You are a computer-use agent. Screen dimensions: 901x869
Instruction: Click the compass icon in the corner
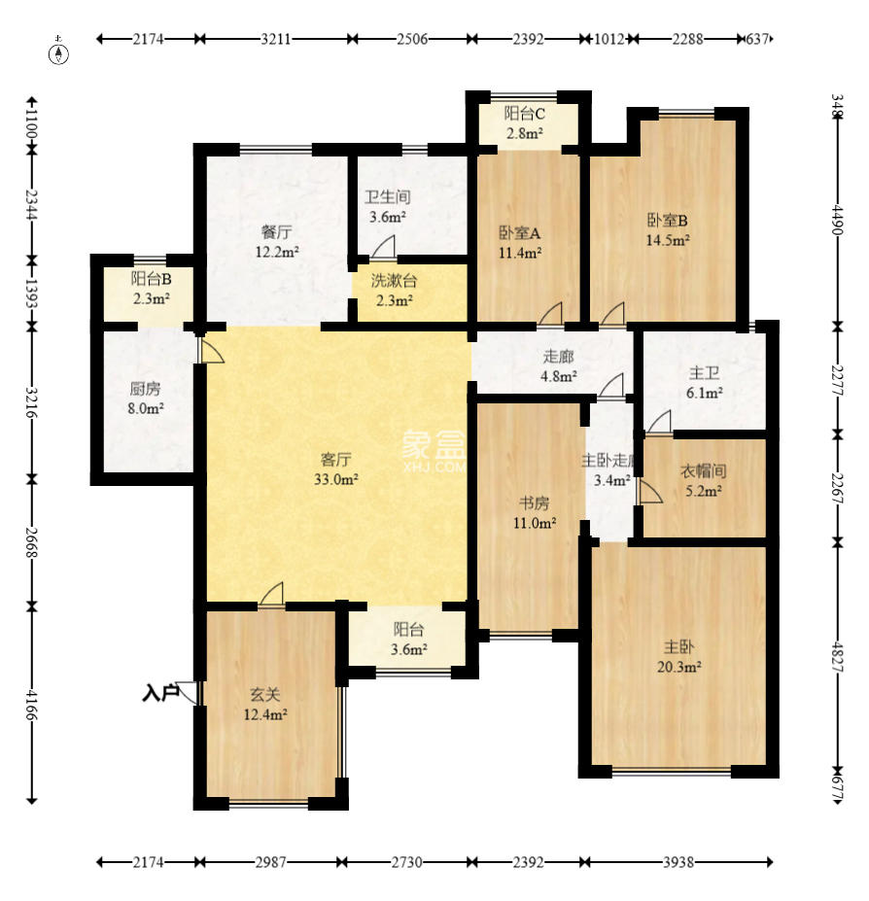pyautogui.click(x=60, y=52)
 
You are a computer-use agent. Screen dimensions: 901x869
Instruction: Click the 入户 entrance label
pyautogui.click(x=160, y=693)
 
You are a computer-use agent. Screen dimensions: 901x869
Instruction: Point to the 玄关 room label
pyautogui.click(x=264, y=695)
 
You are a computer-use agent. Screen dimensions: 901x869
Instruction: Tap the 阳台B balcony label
pyautogui.click(x=151, y=278)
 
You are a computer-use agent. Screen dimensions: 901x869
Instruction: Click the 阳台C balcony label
pyautogui.click(x=524, y=114)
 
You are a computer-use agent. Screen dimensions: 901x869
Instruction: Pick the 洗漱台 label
pyautogui.click(x=394, y=281)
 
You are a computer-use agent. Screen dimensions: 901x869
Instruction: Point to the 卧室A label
pyautogui.click(x=520, y=232)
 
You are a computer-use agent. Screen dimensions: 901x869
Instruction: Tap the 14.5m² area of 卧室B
pyautogui.click(x=669, y=239)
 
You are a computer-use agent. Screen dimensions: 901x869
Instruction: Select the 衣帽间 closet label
pyautogui.click(x=703, y=470)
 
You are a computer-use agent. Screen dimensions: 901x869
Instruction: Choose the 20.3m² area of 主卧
pyautogui.click(x=679, y=667)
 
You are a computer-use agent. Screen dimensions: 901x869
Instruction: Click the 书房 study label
pyautogui.click(x=534, y=502)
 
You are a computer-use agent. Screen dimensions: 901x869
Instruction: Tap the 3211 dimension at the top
pyautogui.click(x=276, y=40)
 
